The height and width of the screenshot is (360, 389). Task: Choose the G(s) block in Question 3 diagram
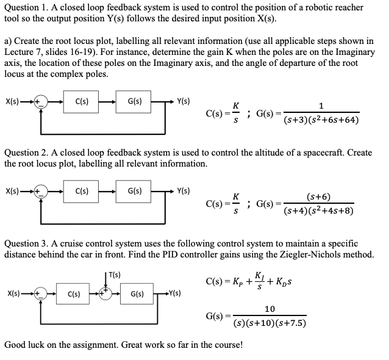coord(137,294)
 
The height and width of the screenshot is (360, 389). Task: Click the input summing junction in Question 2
coord(40,191)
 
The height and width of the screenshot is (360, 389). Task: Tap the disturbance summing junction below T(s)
coord(107,293)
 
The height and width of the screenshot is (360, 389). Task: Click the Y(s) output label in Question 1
coord(182,101)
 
